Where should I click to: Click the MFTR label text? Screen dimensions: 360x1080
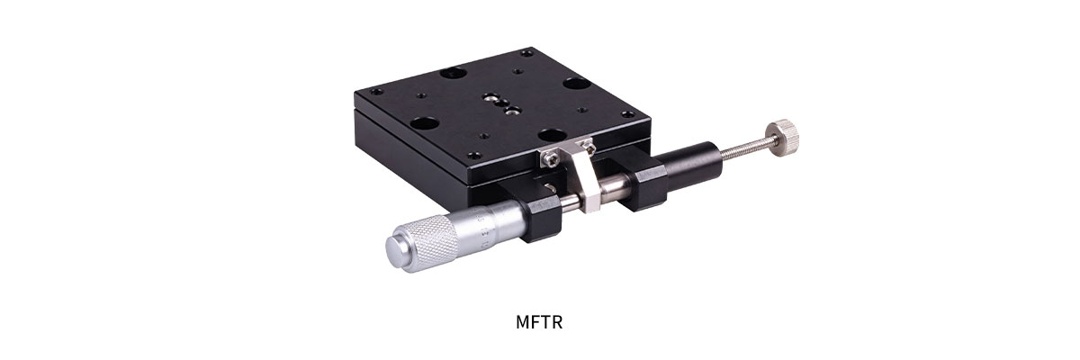click(540, 321)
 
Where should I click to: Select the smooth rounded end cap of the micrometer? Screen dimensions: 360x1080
click(396, 249)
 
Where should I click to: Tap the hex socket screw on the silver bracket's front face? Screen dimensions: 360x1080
click(548, 158)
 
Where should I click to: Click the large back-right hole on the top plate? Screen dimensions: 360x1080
click(577, 85)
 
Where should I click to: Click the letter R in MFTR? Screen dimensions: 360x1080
click(557, 321)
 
